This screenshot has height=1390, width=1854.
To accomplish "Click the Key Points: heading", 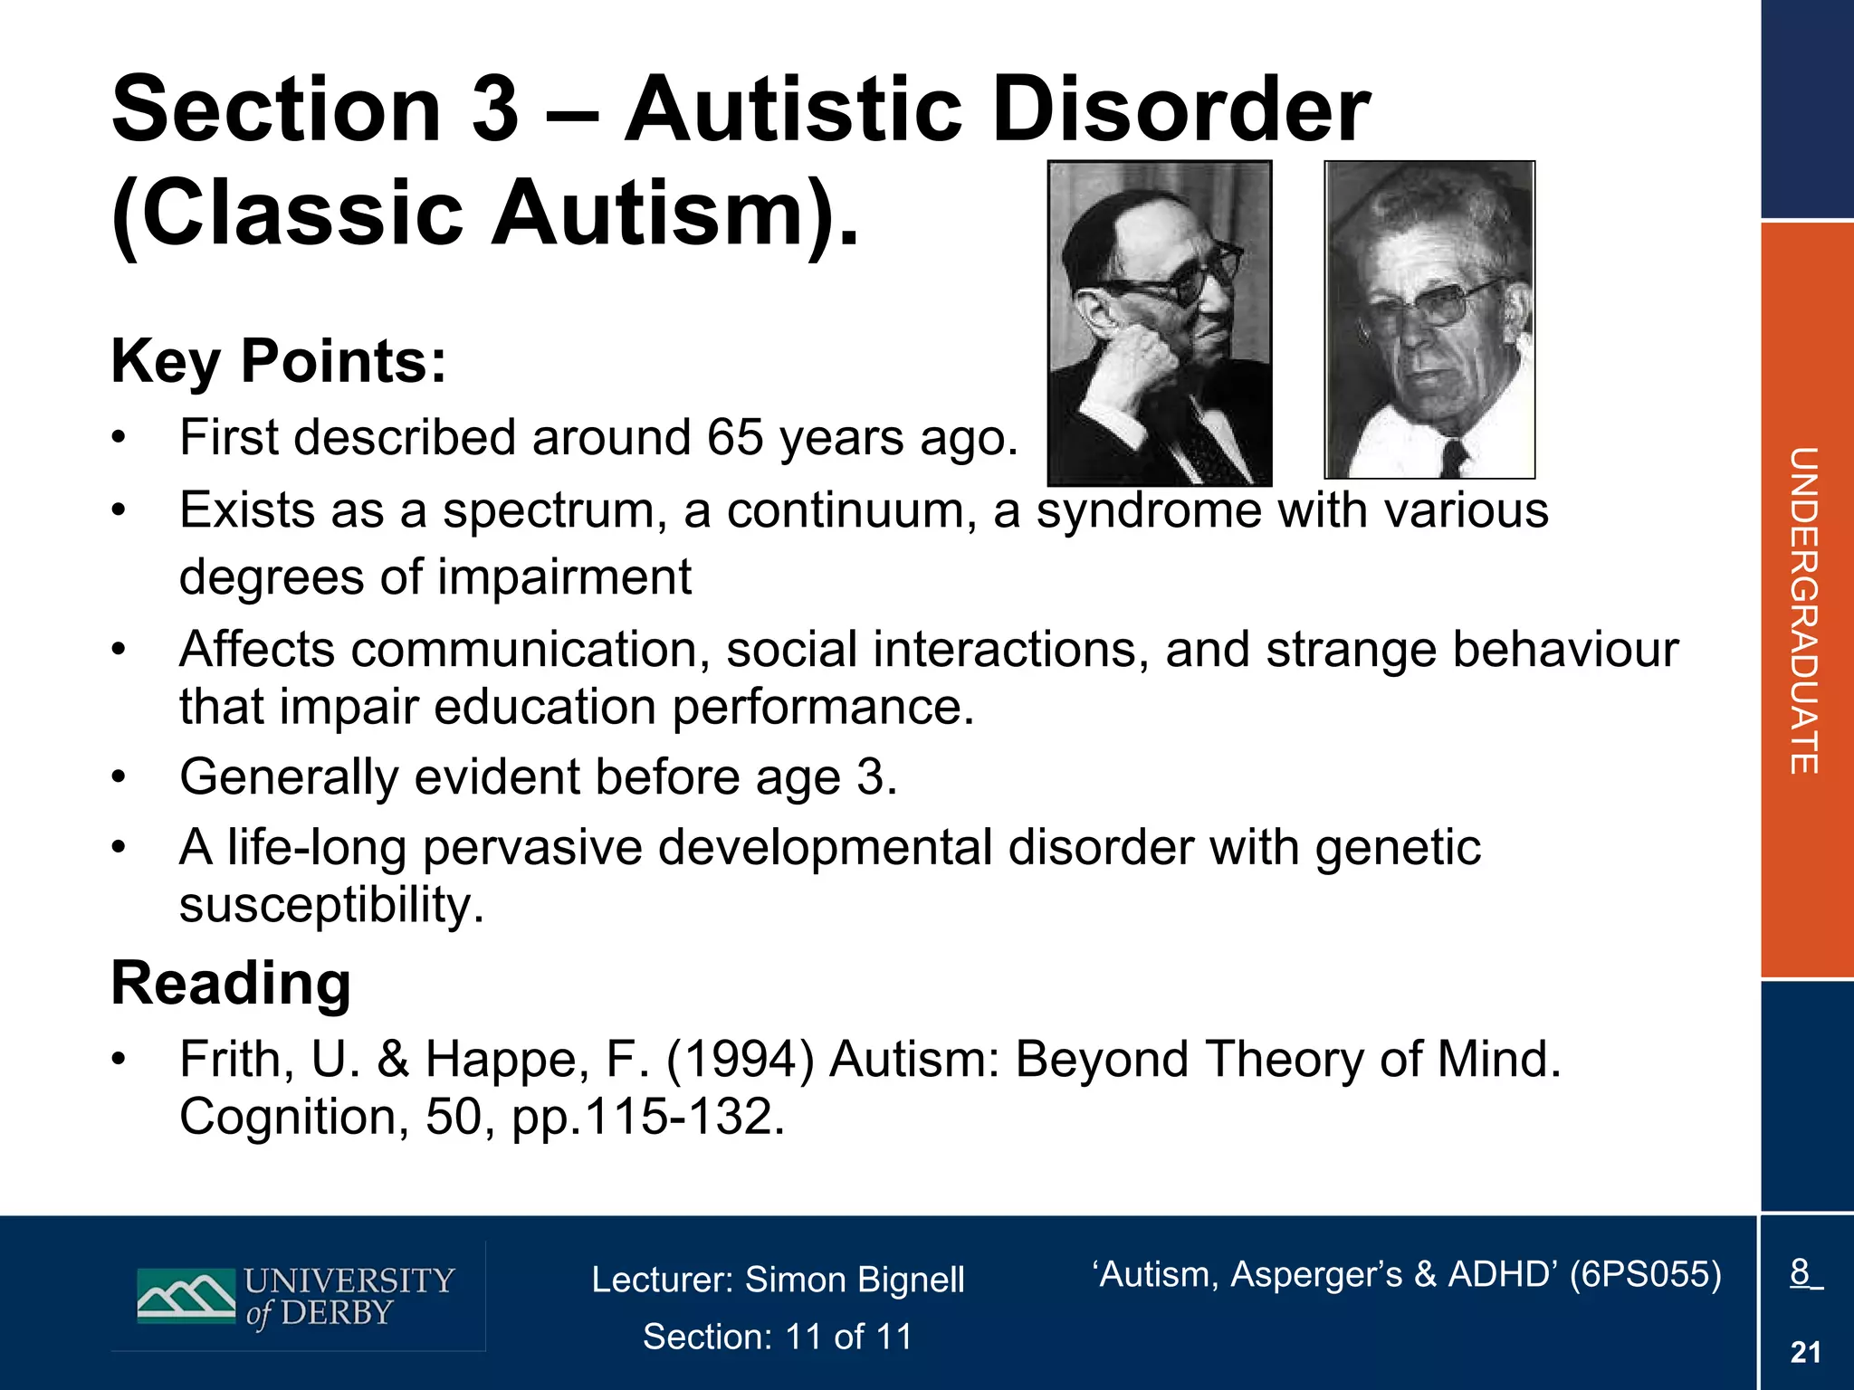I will pyautogui.click(x=278, y=361).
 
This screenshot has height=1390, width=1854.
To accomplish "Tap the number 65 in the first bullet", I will pyautogui.click(x=735, y=438).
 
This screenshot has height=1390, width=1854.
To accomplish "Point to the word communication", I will pyautogui.click(x=530, y=650).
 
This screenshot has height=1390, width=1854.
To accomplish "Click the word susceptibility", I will pyautogui.click(x=330, y=905).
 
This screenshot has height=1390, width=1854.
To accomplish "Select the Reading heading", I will pyautogui.click(x=231, y=984).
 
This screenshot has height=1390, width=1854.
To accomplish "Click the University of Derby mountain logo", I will pyautogui.click(x=186, y=1296).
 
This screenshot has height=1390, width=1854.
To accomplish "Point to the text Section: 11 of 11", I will pyautogui.click(x=778, y=1337).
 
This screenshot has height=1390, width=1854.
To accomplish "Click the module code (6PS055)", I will pyautogui.click(x=1645, y=1274).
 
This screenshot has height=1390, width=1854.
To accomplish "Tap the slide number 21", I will pyautogui.click(x=1805, y=1352).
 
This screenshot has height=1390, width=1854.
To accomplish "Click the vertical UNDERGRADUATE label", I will pyautogui.click(x=1804, y=611).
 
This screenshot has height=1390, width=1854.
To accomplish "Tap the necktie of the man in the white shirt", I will pyautogui.click(x=1454, y=457).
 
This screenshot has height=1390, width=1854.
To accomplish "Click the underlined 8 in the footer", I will pyautogui.click(x=1801, y=1272).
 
